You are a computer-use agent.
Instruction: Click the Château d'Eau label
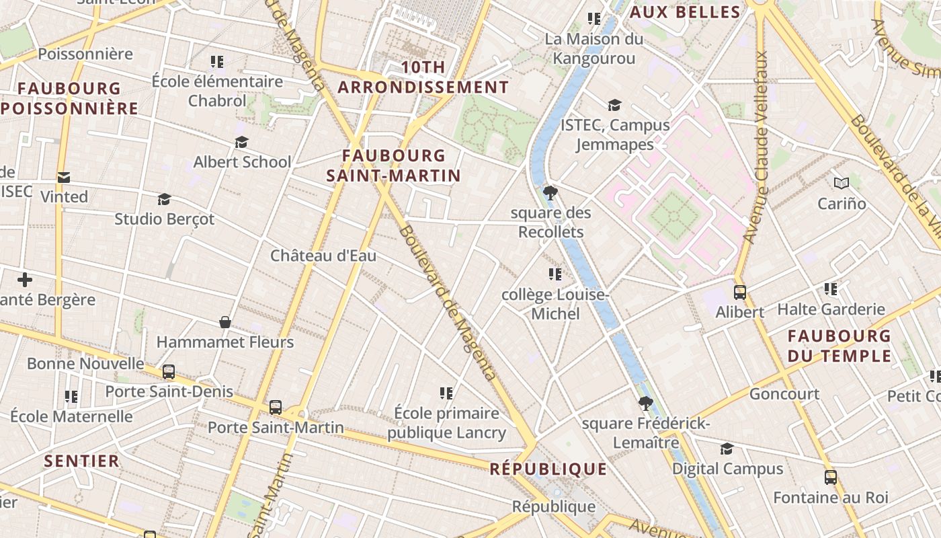point(323,256)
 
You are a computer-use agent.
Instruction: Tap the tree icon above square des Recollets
point(550,194)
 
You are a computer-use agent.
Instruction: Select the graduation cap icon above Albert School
point(242,143)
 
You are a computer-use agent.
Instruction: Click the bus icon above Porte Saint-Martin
point(276,407)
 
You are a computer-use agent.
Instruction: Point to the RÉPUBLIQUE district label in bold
point(548,469)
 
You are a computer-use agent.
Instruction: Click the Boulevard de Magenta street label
point(447,303)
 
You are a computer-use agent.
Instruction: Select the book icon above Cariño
point(842,183)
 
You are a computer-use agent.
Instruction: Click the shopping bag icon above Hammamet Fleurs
point(225,323)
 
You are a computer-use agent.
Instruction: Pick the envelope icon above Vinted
point(64,178)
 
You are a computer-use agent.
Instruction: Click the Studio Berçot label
point(165,219)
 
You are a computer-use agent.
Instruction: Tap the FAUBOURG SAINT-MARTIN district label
point(394,165)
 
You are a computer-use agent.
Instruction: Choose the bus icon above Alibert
point(740,293)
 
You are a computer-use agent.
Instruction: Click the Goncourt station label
point(784,394)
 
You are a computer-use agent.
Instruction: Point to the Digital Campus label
point(728,469)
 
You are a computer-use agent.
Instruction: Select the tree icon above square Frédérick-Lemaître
point(646,403)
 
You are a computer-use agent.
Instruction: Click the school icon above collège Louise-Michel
point(555,274)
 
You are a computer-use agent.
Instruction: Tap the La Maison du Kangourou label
point(594,48)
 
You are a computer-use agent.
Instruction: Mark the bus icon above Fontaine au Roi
point(831,477)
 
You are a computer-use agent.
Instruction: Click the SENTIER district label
point(82,461)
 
